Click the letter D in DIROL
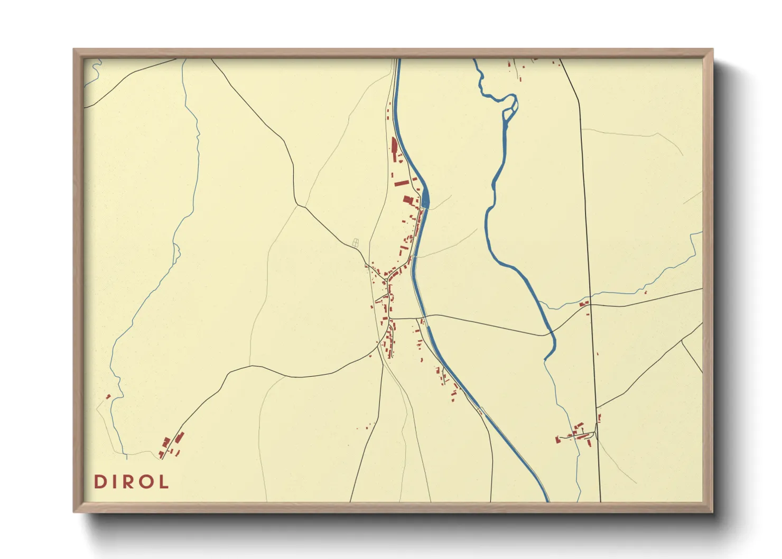click(x=99, y=482)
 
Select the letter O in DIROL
click(x=146, y=482)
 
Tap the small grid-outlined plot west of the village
click(x=356, y=243)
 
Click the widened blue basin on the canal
click(x=425, y=199)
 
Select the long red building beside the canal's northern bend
click(x=394, y=146)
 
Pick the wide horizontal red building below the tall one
click(x=402, y=183)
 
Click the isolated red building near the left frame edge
click(x=108, y=396)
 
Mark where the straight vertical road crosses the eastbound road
click(x=590, y=305)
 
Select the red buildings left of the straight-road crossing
click(x=583, y=304)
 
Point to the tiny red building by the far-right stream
click(x=645, y=292)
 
